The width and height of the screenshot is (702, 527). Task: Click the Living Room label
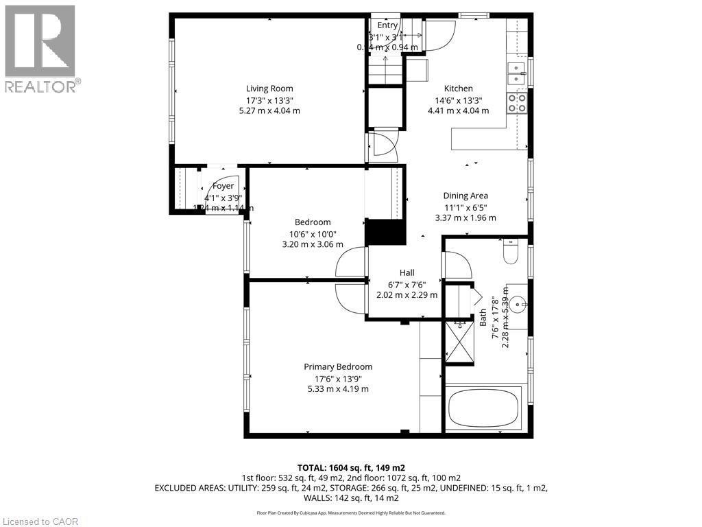tap(269, 88)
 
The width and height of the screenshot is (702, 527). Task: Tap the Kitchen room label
tap(458, 88)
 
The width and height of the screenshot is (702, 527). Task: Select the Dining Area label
tap(465, 196)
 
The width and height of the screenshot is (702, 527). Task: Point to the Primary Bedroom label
tap(338, 366)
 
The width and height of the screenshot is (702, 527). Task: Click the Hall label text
tap(407, 272)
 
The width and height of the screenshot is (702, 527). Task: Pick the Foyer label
tap(223, 186)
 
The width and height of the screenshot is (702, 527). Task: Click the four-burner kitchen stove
tap(516, 103)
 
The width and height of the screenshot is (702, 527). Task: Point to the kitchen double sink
tap(516, 72)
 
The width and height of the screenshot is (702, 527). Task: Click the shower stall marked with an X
tap(457, 340)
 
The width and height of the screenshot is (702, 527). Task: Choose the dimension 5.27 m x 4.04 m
tap(269, 110)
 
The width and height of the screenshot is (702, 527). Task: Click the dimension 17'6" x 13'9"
tap(338, 378)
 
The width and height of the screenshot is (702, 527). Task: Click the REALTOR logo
tap(40, 48)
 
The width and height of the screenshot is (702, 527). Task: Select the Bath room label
tap(483, 316)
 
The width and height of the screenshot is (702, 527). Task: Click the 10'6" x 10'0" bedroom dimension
tap(313, 233)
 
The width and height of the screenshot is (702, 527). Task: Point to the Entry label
tap(387, 25)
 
